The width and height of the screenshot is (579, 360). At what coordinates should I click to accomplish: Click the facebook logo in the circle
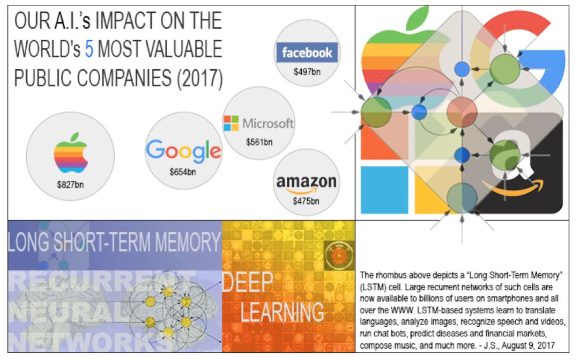pos(307,53)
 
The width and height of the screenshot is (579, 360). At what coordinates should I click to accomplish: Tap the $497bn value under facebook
pos(307,71)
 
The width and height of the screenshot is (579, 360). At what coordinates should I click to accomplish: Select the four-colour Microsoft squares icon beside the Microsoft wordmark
pos(231,123)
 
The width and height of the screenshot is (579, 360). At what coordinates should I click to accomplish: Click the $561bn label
pos(259,142)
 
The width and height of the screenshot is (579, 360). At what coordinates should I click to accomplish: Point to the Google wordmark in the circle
pos(183,150)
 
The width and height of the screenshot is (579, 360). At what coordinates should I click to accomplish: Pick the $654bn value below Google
pos(183,172)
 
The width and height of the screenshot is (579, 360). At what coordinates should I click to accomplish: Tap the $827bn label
pos(70,185)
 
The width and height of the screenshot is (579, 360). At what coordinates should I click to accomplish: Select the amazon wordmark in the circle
pos(306,182)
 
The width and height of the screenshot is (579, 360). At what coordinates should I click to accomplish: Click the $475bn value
pos(306,202)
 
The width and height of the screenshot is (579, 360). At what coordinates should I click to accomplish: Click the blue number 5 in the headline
pos(90,49)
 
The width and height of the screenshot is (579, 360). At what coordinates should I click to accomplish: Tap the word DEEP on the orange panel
pos(247,283)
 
